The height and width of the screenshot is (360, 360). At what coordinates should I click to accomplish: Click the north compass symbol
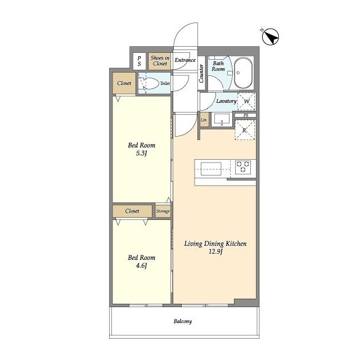tap(271, 37)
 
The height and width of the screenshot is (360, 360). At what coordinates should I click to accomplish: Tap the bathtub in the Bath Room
tap(243, 73)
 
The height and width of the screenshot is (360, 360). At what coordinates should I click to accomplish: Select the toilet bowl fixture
tap(150, 83)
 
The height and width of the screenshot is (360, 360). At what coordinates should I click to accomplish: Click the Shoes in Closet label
tap(160, 61)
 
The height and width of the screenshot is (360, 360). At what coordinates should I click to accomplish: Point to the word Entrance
tap(185, 60)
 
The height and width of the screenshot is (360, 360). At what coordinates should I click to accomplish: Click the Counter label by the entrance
tap(201, 74)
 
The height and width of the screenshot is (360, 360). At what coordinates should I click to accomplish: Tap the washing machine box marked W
tap(246, 101)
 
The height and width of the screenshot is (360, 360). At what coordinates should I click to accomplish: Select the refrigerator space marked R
tap(245, 130)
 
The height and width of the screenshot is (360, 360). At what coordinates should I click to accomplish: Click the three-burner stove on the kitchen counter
tap(243, 167)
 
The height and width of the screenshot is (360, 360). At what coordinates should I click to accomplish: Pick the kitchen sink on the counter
tap(211, 169)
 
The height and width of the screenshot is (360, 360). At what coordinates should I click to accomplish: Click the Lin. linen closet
tap(204, 120)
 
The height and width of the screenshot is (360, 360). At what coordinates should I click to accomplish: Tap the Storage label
tap(163, 211)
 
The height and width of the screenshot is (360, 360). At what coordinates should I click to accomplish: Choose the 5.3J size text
tap(141, 153)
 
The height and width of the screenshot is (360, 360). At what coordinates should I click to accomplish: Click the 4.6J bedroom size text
tap(141, 265)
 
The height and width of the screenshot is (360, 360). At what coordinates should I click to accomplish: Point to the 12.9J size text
tap(215, 251)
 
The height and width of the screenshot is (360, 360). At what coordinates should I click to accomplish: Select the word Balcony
tap(183, 321)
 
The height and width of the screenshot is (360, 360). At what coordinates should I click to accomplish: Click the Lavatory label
tap(226, 101)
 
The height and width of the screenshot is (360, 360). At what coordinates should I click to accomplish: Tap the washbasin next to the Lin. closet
tap(222, 119)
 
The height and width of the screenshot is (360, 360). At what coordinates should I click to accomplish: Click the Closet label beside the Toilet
tap(124, 83)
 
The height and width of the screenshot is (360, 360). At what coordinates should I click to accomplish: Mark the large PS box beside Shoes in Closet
tap(139, 61)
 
